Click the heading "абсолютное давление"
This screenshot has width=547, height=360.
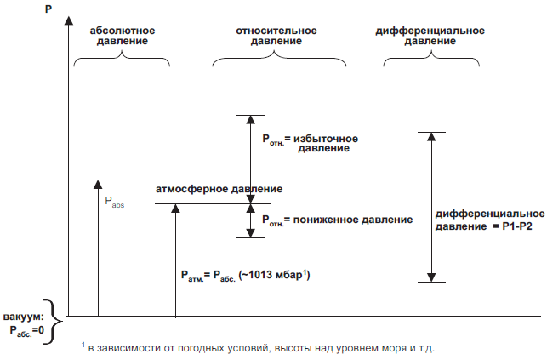[123, 36]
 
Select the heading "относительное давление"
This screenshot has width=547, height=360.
[276, 36]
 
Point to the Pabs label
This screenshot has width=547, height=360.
[115, 203]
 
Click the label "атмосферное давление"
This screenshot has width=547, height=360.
[219, 189]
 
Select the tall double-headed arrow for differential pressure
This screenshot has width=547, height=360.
[431, 207]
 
